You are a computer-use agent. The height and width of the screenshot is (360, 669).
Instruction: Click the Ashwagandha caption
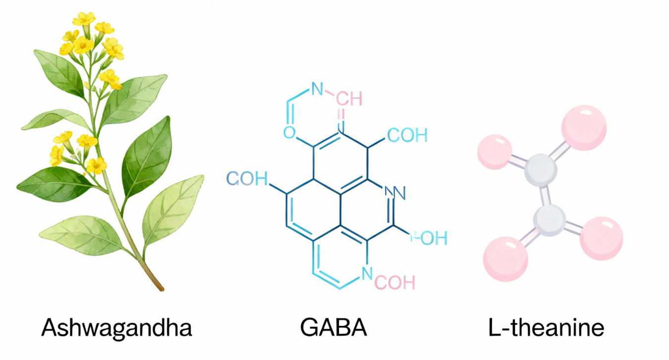click(116, 328)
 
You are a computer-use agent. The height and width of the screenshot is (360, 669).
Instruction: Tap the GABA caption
click(334, 328)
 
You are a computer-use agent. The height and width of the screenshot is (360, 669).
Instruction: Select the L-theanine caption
click(547, 328)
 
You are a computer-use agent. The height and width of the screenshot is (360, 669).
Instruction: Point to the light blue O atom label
click(289, 133)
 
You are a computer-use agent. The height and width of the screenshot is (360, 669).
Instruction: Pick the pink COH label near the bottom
click(394, 282)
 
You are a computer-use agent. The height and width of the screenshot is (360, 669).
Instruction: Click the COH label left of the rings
click(247, 179)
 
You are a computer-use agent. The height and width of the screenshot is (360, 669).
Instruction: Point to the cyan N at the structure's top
click(317, 89)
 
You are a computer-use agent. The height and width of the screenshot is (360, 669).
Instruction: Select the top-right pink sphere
click(584, 128)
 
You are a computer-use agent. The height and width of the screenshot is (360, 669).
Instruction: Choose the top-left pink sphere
click(495, 152)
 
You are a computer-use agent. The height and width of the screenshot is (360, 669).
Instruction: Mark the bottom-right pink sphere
click(601, 238)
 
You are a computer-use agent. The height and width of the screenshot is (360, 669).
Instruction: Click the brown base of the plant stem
click(158, 284)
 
